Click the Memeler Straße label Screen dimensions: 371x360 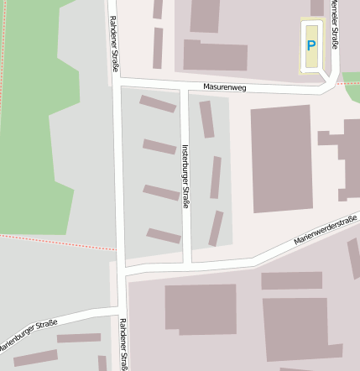pyautogui.click(x=334, y=25)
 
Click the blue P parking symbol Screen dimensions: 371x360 pyautogui.click(x=311, y=46)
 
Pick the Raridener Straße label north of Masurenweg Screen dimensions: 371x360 pyautogui.click(x=113, y=45)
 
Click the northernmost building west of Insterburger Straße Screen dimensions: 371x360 pyautogui.click(x=158, y=104)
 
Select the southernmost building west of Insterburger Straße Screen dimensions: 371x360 pyautogui.click(x=164, y=236)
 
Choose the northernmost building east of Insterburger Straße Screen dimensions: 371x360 pyautogui.click(x=206, y=119)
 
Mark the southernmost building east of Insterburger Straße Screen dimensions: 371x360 pyautogui.click(x=216, y=227)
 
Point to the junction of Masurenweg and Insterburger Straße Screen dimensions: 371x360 pyautogui.click(x=185, y=86)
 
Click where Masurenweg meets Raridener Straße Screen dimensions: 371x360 pyautogui.click(x=117, y=81)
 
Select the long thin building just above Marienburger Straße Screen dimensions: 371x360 pyautogui.click(x=79, y=338)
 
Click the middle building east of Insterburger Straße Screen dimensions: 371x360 pyautogui.click(x=216, y=177)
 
